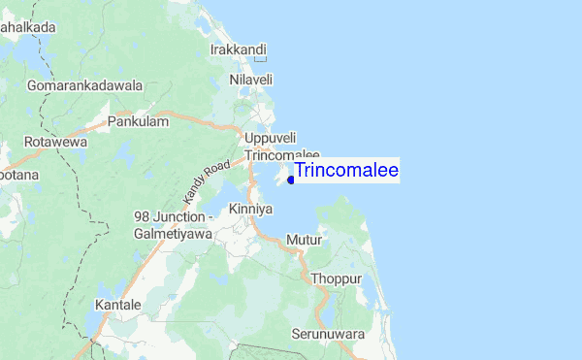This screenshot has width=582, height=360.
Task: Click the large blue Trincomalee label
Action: [x=346, y=171]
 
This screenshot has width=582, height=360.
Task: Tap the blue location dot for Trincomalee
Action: [x=291, y=179]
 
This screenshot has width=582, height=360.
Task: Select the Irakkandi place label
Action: [x=239, y=48]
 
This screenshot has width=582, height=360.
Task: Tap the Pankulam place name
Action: [x=138, y=121]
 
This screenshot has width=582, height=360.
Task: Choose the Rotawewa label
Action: [x=55, y=141]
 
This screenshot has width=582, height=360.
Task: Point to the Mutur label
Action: [x=304, y=239]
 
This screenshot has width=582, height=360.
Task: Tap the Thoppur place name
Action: [x=337, y=278]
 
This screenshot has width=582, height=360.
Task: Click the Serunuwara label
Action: [x=329, y=335]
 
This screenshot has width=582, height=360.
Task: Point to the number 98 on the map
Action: [x=143, y=217]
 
